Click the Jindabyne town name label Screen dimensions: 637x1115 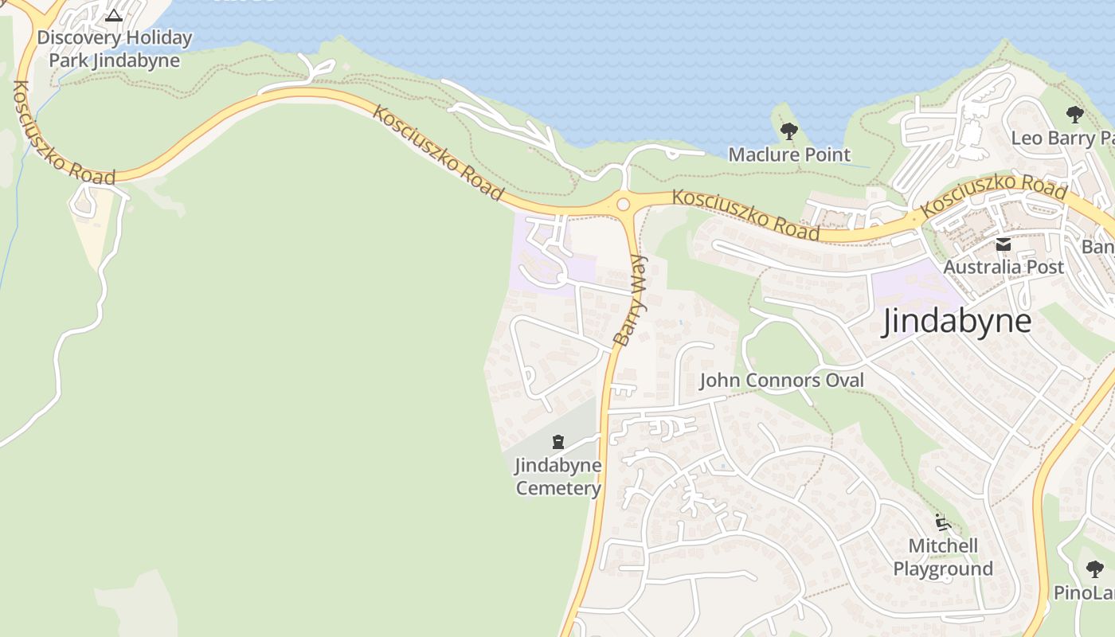(x=957, y=322)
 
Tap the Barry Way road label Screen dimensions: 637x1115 (x=632, y=300)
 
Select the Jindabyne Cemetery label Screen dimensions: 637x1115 (x=557, y=476)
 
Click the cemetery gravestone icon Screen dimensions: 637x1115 (x=558, y=442)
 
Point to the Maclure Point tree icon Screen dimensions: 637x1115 (x=789, y=131)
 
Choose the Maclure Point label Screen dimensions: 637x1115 (x=789, y=154)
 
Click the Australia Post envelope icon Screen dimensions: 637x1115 (x=1003, y=245)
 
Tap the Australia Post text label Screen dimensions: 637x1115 (x=1003, y=268)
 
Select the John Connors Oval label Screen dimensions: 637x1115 (x=781, y=381)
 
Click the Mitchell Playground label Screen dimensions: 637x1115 (x=943, y=557)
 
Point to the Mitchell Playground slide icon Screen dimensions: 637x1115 (x=943, y=523)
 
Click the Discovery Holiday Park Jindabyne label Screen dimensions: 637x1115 (x=115, y=49)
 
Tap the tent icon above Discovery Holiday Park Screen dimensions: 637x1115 (x=114, y=15)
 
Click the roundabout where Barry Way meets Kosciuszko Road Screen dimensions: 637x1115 (x=623, y=205)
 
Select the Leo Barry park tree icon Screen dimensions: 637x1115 (x=1075, y=115)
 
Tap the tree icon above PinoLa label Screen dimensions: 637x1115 (x=1095, y=569)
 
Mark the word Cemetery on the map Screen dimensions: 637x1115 (x=557, y=488)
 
